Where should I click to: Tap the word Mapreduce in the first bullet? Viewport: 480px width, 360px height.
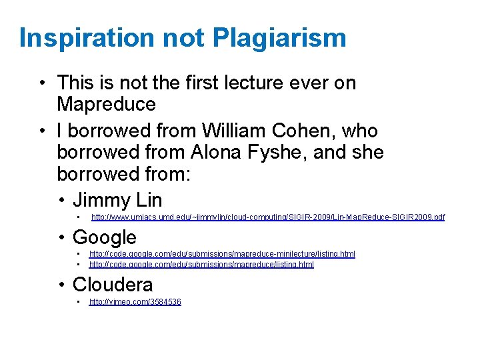(x=106, y=104)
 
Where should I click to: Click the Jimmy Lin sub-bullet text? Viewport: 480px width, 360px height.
(x=117, y=199)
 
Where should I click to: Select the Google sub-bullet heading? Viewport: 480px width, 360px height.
(x=104, y=237)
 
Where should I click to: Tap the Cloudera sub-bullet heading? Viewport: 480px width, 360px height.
(x=112, y=285)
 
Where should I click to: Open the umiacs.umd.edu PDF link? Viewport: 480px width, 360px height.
(x=267, y=217)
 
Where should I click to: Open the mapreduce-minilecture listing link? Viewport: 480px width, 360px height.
(x=222, y=254)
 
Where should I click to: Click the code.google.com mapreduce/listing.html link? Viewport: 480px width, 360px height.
(x=201, y=264)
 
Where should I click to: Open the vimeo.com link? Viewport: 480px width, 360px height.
(x=135, y=302)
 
